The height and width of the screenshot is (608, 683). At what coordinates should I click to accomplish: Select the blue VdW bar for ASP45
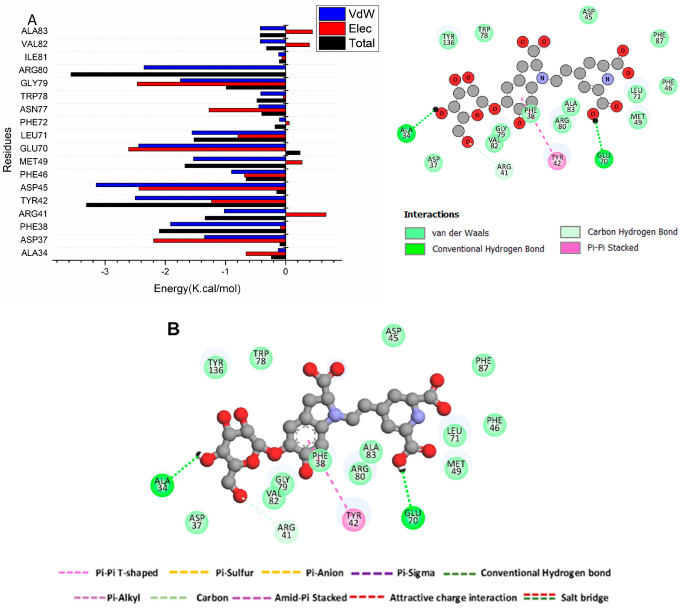pos(191,185)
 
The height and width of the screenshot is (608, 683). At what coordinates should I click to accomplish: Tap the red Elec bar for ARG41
pos(306,215)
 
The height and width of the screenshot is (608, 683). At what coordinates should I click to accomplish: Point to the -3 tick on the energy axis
pos(105,271)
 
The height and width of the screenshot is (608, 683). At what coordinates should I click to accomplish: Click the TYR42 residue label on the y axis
pos(34,200)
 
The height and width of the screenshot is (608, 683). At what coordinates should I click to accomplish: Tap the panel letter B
pos(174,329)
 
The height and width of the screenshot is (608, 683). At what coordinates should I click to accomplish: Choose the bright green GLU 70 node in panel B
pos(413,518)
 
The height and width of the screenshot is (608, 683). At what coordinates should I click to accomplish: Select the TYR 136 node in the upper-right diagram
pos(448,39)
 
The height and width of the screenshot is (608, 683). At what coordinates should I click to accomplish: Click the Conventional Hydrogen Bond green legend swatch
pos(415,249)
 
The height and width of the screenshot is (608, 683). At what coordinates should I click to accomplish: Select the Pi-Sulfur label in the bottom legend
pos(235,573)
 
